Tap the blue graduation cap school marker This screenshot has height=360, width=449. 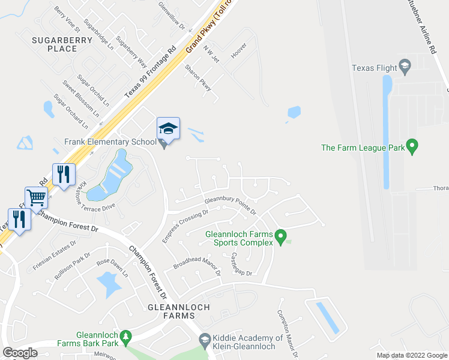pos(168,128)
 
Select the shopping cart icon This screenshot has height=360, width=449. pos(36,196)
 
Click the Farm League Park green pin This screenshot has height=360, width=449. pos(412,146)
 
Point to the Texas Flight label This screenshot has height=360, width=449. pos(375,68)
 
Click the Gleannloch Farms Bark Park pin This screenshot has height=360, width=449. pos(125,338)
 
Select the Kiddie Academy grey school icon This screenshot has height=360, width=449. pos(204,339)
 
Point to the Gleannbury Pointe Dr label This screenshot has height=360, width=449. pos(231,206)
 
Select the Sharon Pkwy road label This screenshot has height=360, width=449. pos(199,78)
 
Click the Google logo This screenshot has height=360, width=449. pos(20,353)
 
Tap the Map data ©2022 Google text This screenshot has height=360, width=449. pos(412,355)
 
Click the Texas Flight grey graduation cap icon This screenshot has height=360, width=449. pos(405,67)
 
